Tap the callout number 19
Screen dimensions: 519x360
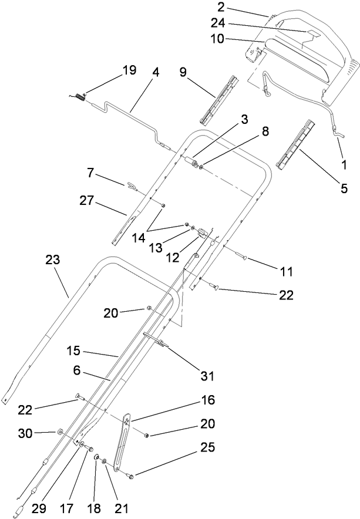129,70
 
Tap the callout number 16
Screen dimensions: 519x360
208,401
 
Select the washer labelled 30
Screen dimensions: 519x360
60,432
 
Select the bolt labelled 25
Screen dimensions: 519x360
130,476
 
